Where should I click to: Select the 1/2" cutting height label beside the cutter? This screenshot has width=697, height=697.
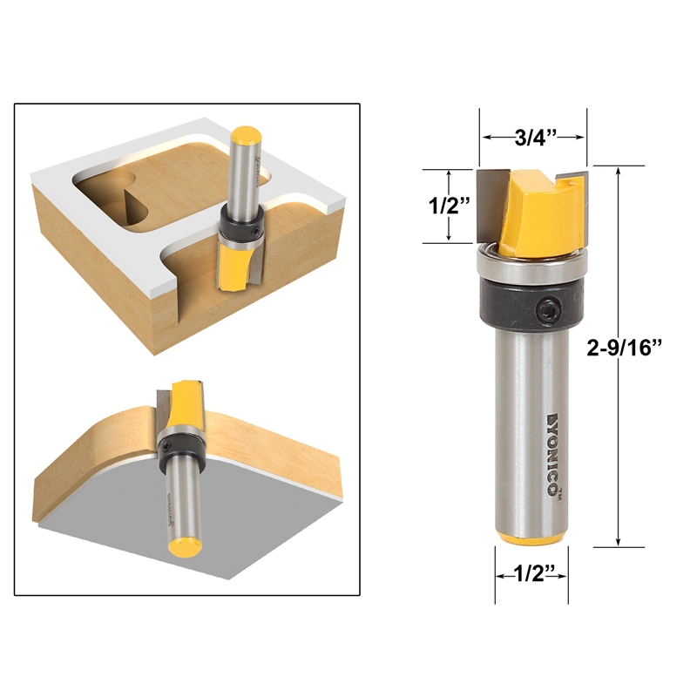[449, 206]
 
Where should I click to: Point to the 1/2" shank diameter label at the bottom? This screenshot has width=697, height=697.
[531, 574]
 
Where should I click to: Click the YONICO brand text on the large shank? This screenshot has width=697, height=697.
[552, 454]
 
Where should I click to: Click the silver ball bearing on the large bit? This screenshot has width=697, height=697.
[531, 265]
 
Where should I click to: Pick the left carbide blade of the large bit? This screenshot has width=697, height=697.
[493, 206]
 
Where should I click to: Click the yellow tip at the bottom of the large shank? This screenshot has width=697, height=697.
[532, 537]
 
